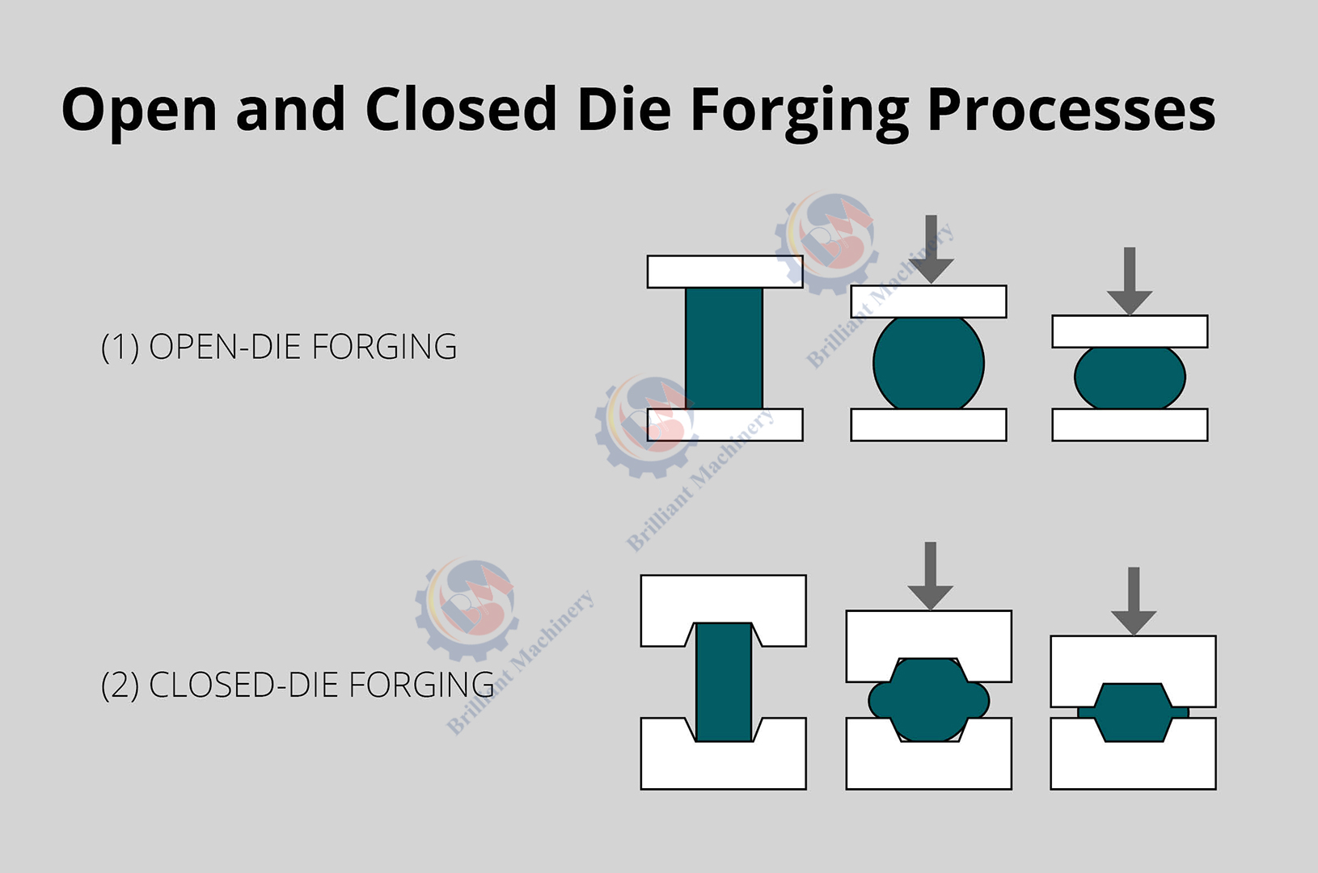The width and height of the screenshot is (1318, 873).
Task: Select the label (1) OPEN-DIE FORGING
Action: coord(279,347)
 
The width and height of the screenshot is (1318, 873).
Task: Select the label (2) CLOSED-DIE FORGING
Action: coord(298,685)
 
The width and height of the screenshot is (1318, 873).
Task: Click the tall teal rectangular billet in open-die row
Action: coord(724,348)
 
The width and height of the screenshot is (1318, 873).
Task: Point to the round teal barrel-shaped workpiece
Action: coord(928,363)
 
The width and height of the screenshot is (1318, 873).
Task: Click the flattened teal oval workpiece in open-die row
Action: coord(1130,377)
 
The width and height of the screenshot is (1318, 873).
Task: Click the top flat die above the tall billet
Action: coord(724,272)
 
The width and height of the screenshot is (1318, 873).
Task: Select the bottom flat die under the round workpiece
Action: coord(928,424)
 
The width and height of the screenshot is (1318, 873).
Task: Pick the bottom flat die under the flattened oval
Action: coord(1130,424)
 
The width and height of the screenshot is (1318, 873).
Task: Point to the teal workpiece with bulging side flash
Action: coord(928,700)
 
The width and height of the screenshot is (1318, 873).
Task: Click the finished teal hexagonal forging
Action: coord(1133,712)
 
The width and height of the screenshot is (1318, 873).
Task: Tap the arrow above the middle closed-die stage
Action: coord(931,575)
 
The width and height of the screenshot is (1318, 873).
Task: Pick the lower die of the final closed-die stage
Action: coord(1133,764)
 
